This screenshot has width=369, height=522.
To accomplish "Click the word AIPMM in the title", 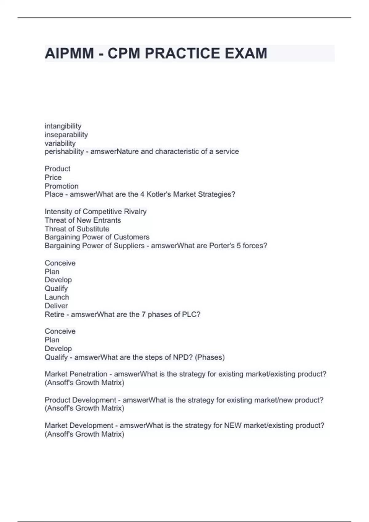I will pos(69,53).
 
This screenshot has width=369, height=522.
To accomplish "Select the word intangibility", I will pos(63,126).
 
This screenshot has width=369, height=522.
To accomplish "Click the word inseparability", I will pos(66,134).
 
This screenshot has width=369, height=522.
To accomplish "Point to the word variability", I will pos(60,143).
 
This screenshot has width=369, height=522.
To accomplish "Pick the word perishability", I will pos(64,151).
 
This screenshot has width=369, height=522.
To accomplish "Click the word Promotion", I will pos(61,186).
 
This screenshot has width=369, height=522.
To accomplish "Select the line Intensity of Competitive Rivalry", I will pos(96,212).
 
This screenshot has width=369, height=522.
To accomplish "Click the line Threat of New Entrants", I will pos(83,220).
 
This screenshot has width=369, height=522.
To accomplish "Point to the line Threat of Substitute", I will pos(77,229).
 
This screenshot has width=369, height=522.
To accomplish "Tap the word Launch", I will pos(57,297).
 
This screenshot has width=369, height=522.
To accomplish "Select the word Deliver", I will pos(56,306).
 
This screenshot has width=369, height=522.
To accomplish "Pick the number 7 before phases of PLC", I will pos(144,314).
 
